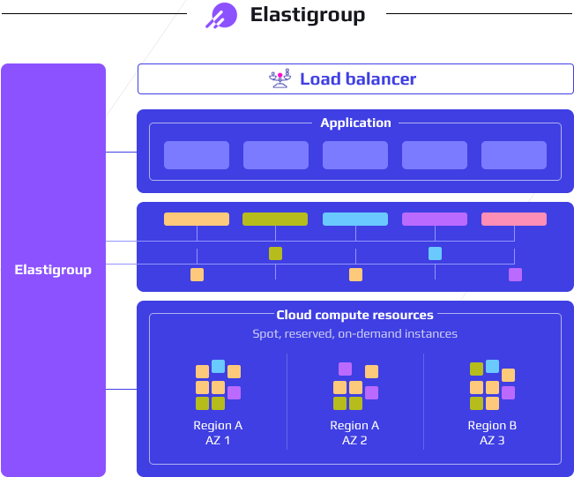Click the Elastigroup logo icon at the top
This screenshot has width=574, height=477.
[221, 16]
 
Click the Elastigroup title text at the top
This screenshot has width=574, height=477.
[307, 15]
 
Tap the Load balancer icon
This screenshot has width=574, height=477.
[279, 79]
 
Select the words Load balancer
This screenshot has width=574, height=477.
[358, 79]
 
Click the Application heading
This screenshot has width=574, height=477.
[355, 123]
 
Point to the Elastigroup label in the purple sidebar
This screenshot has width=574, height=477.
[53, 270]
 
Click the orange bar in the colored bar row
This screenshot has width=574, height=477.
[197, 220]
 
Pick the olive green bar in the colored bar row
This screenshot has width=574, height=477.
[275, 220]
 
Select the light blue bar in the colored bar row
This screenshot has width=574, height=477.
[354, 220]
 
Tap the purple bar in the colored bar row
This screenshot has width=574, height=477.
[435, 220]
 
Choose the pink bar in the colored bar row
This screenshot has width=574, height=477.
[514, 220]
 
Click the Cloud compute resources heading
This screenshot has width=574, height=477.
[355, 315]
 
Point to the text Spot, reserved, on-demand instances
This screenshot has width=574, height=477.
[355, 334]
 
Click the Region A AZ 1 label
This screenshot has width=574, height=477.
[218, 432]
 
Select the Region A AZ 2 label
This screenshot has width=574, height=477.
[354, 432]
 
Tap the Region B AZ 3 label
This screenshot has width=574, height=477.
[492, 432]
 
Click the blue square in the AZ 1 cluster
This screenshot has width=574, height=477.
[218, 366]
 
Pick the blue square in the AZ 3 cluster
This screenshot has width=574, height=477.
[492, 366]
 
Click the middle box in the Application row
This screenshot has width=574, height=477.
[355, 155]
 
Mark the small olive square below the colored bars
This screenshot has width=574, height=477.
[275, 254]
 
